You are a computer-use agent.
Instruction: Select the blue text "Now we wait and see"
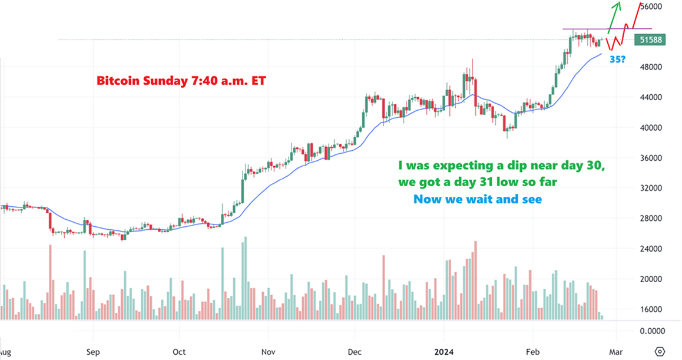coord(477,200)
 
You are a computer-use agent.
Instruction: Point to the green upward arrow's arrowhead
coord(618,5)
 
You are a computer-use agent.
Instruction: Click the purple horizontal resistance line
coord(589,29)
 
